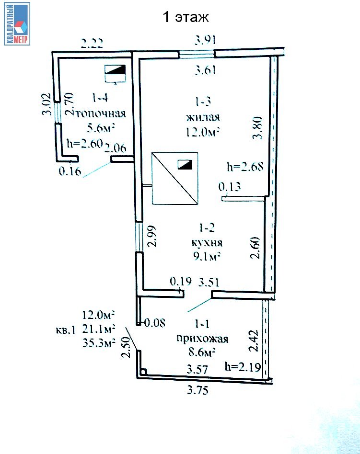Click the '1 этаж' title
pos(186,17)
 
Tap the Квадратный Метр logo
pos(17,24)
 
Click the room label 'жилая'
pos(203,117)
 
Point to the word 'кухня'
pos(207,242)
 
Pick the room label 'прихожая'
pos(202,339)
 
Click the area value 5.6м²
pos(100,128)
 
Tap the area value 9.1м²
pos(207,256)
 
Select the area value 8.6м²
pos(202,352)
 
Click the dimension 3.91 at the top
pos(205,40)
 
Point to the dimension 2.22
pos(92,44)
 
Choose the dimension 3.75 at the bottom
pos(197,390)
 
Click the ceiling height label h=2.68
pos(245,167)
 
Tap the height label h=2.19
pos(243,367)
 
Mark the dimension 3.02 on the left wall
pos(46,104)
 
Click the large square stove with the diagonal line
pos(175,178)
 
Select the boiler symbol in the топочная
pos(115,74)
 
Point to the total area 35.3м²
pos(99,342)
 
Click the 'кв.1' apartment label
pos(66,330)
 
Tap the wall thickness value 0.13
pos(230,187)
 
